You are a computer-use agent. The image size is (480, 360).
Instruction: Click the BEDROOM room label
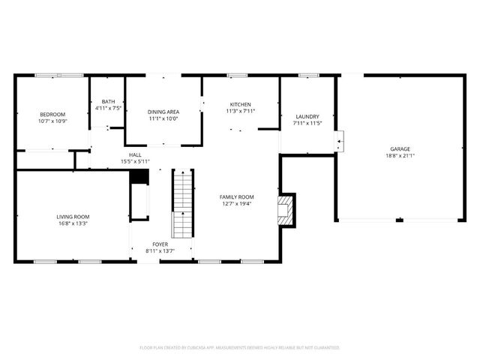(52, 114)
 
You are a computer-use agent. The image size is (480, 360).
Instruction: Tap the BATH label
(109, 102)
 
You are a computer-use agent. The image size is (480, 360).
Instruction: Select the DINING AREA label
(163, 112)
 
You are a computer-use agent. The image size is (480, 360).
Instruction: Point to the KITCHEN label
(240, 104)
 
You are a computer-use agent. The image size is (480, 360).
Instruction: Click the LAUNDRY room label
(307, 116)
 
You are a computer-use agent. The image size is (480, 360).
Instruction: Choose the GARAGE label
(400, 148)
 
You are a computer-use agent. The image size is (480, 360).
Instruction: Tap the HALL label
(135, 154)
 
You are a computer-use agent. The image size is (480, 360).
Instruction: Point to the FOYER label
(160, 244)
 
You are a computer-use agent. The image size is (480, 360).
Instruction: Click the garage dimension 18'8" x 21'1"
(400, 156)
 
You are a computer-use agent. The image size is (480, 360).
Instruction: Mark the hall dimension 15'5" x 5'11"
(135, 161)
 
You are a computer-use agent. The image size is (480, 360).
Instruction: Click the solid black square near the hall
(137, 176)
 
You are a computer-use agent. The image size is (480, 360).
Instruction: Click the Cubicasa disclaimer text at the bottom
(240, 347)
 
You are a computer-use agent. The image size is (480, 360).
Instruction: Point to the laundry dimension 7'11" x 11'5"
(307, 123)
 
